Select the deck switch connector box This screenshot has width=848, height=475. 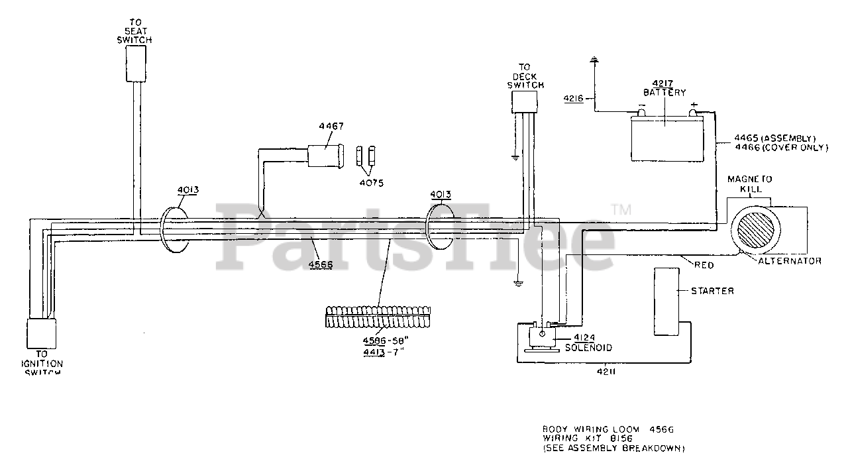[x=525, y=102]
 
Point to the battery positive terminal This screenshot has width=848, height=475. [x=693, y=112]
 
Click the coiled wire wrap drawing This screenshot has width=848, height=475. [x=378, y=317]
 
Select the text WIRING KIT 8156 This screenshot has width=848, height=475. [x=586, y=439]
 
